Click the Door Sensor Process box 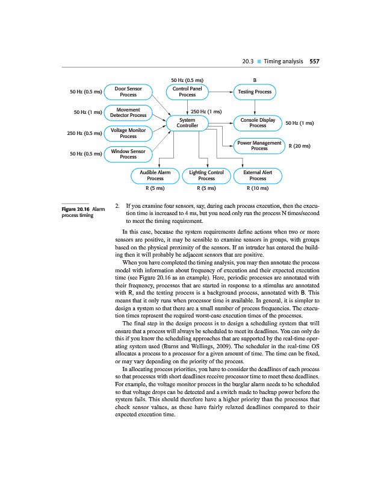tap(128, 92)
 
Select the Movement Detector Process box tap(128, 112)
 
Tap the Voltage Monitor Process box tap(128, 133)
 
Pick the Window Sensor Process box tap(128, 154)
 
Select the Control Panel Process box tap(187, 92)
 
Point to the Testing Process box tap(255, 92)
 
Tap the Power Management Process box tap(259, 145)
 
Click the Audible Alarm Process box tap(155, 175)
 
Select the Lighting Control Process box tap(206, 175)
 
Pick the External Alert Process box tap(258, 175)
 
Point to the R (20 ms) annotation tap(299, 146)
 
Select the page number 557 tap(314, 61)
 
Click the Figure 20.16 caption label tap(75, 208)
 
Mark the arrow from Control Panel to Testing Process tap(220, 92)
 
